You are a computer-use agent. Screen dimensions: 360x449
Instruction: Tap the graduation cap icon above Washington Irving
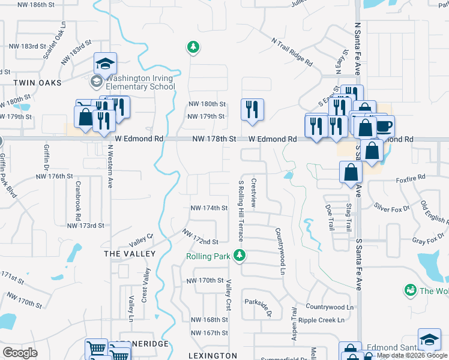click(106, 64)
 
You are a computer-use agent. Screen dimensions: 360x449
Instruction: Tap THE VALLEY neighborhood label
click(130, 254)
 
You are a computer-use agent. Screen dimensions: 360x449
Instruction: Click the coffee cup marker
click(383, 127)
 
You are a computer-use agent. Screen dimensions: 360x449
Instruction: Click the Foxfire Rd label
click(411, 178)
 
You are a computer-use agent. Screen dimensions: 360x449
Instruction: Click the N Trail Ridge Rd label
click(292, 53)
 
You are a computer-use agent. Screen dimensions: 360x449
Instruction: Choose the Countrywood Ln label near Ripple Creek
click(329, 307)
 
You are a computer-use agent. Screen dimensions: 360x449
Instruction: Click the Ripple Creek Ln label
click(325, 320)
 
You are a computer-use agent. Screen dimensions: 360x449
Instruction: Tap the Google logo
click(20, 353)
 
